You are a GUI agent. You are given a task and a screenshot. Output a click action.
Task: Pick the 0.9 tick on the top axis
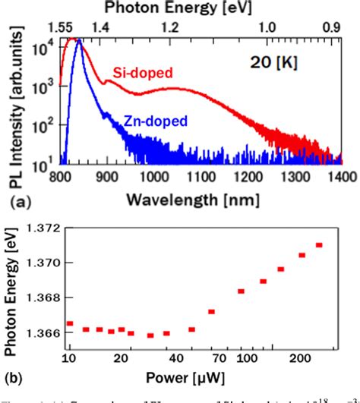point(332,26)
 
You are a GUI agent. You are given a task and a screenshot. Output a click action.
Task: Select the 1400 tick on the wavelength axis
point(341,177)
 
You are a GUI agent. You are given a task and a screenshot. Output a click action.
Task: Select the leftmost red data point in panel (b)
point(70,323)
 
